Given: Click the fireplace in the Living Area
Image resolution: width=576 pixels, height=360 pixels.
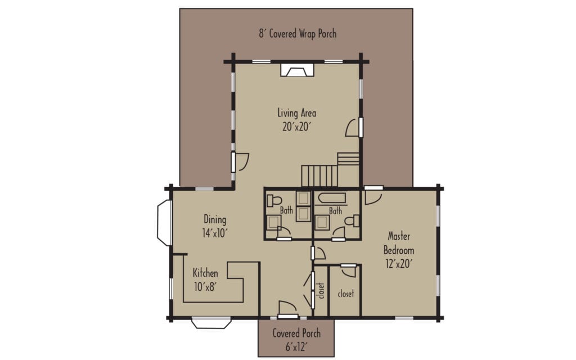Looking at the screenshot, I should point(297,70).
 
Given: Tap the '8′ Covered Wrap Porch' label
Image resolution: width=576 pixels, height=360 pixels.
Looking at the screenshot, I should point(298,33).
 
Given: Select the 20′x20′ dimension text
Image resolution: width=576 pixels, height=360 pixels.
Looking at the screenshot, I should point(297,127).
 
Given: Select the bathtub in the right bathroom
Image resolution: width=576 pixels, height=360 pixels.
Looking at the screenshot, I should point(332,198).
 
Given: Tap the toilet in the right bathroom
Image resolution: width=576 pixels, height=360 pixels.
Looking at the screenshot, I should point(353,221).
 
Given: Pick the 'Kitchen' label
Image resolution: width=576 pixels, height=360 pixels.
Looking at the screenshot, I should point(205,273).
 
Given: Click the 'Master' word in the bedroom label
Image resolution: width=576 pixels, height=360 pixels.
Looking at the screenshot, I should point(399,237).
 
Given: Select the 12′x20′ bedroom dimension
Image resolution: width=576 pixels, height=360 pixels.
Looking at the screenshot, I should point(399,263).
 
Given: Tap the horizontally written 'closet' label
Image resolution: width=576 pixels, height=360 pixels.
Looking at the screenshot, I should point(345,294).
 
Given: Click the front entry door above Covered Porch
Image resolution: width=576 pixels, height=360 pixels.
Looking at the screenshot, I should point(287,309).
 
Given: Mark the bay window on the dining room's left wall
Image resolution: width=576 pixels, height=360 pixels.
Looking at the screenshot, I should point(163,223).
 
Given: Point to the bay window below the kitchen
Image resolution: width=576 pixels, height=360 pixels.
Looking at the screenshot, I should point(211,323).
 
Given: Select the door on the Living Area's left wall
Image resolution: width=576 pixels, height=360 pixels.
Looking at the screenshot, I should point(240,162).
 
